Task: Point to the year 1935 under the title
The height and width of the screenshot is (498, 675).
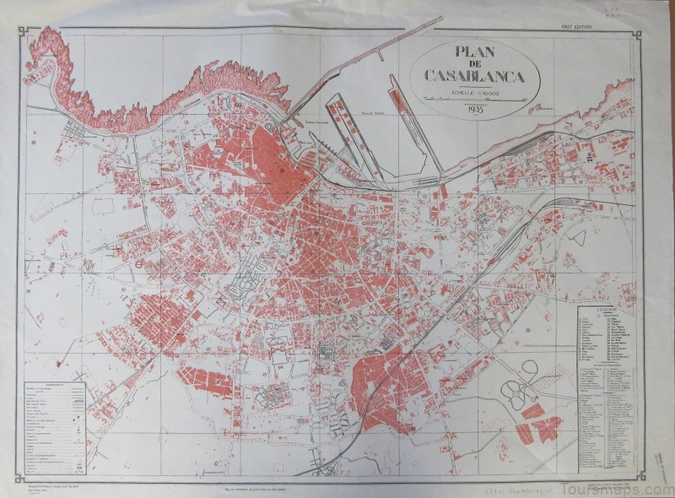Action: pyautogui.click(x=472, y=108)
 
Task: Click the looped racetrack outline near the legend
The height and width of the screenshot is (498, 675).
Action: pyautogui.click(x=521, y=385)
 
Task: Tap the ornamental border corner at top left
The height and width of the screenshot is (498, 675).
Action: pyautogui.click(x=21, y=31)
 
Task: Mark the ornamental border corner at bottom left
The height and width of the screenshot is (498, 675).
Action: pyautogui.click(x=21, y=474)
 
